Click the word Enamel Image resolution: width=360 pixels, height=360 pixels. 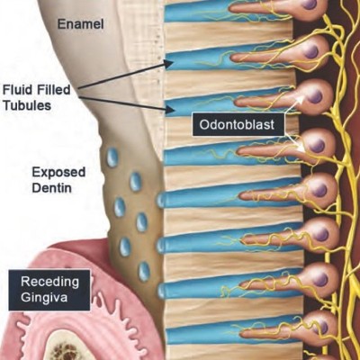pos(80,24)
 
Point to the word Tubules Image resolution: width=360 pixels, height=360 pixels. pos(26,105)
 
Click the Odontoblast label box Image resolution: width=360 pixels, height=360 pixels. pos(238,124)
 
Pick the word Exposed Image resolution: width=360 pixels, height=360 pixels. pos(58,173)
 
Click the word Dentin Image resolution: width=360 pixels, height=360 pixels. pos(51,188)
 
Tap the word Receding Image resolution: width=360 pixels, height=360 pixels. pos(49,282)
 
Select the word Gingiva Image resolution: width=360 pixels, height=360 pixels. pos(44,298)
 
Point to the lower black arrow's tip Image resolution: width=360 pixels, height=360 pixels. pos(175,111)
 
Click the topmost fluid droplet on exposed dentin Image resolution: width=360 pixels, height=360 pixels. pos(112,157)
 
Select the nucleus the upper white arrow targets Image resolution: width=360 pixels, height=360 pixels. pos(315,96)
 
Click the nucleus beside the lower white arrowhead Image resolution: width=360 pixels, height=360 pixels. pos(318,146)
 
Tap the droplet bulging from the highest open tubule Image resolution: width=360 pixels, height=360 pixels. pos(161,201)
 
